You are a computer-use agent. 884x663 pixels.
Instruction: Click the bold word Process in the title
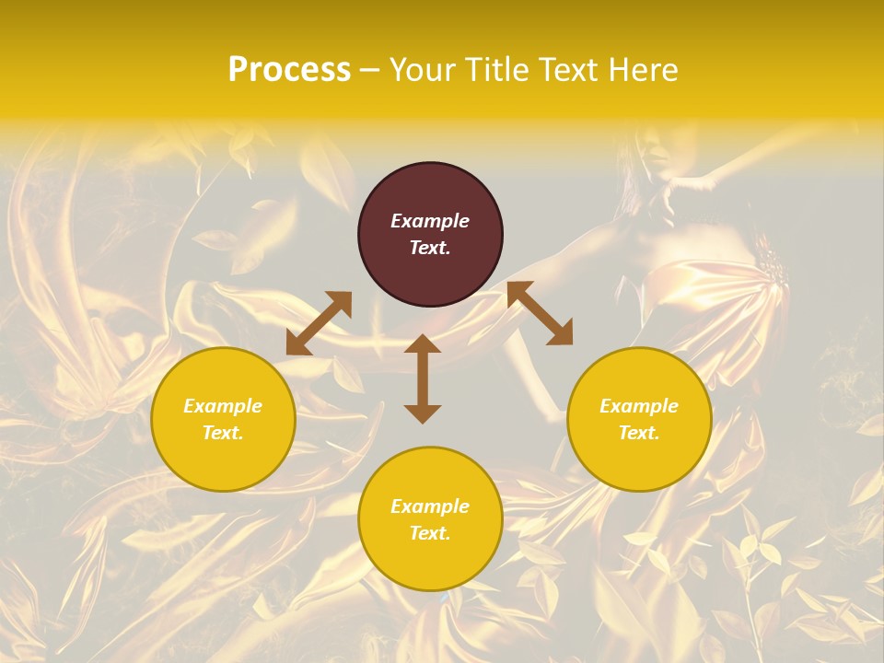point(289,69)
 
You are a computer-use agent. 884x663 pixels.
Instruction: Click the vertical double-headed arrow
point(423,378)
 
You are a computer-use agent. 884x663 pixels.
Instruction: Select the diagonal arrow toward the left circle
point(319,323)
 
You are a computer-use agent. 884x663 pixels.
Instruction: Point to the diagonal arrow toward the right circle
point(540,313)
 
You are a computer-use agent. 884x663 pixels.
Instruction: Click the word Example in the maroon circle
point(430,221)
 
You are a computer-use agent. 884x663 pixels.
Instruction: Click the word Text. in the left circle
point(223,433)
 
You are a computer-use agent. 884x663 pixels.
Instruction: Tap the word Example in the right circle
point(639,406)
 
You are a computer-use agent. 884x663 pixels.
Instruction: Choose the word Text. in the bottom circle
point(430,533)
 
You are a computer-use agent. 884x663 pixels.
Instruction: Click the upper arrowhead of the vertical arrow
point(423,344)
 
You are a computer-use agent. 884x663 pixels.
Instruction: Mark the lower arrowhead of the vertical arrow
point(423,413)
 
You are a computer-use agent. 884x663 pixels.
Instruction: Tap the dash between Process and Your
point(370,71)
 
